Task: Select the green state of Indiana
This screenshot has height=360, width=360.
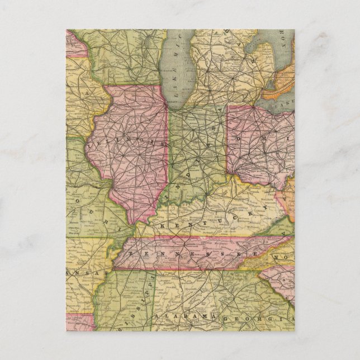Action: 196,151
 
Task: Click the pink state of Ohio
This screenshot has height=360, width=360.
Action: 257,151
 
